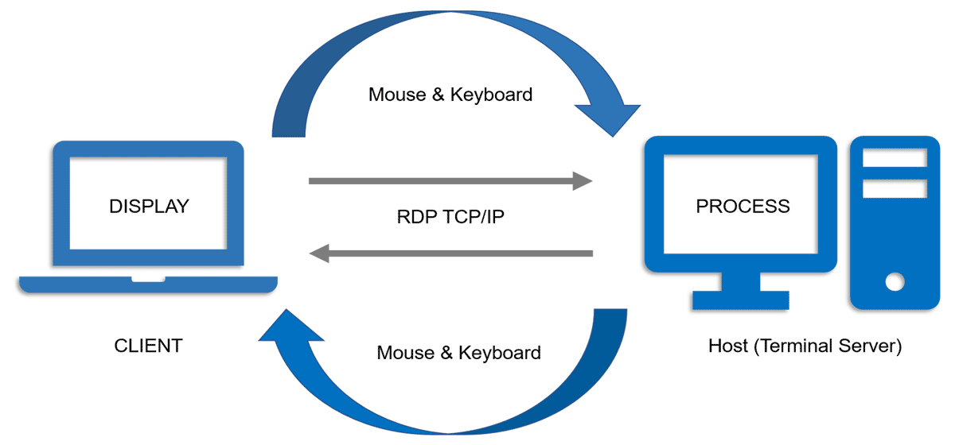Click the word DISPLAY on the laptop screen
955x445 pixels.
(149, 207)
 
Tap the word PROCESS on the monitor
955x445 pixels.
(743, 207)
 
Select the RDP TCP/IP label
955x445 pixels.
(450, 218)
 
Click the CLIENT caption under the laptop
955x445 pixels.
(148, 346)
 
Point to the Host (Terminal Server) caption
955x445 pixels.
(805, 346)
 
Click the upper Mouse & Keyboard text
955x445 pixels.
(450, 95)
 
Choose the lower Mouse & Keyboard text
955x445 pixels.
(458, 352)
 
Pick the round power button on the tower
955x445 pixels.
(895, 281)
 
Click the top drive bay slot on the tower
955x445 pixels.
(895, 158)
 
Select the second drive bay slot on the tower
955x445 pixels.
(895, 188)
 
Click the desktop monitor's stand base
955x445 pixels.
(740, 300)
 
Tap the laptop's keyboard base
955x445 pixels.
(148, 284)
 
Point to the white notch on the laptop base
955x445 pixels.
(148, 279)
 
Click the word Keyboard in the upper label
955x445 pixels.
(491, 95)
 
